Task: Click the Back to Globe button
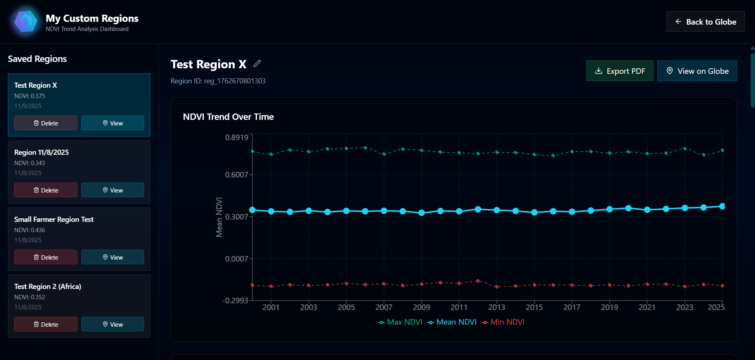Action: point(705,22)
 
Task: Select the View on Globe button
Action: point(697,71)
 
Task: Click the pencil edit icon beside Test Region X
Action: point(257,64)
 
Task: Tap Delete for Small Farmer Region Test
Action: point(46,257)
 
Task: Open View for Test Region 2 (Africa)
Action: point(113,324)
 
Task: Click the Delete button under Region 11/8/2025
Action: point(46,190)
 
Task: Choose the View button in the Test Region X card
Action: point(113,123)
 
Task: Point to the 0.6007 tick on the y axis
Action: point(236,175)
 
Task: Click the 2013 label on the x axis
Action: point(496,307)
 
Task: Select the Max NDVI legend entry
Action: point(400,322)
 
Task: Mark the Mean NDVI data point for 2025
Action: point(722,206)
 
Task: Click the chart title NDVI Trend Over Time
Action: point(228,117)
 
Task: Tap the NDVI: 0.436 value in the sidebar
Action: point(30,230)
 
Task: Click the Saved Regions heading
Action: point(37,59)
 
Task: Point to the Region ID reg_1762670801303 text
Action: point(218,81)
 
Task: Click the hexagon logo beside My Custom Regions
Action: point(26,21)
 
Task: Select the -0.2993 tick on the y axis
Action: point(235,300)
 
